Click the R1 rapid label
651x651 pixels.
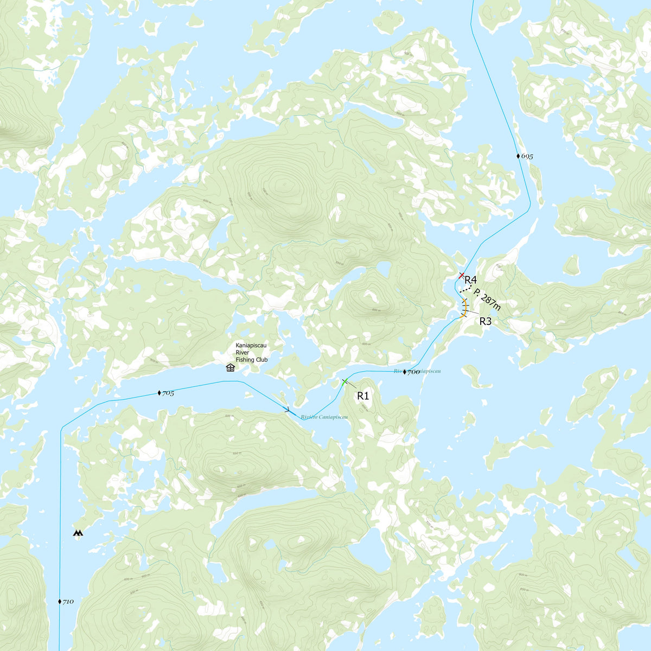(x=363, y=396)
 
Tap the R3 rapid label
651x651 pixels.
(x=485, y=321)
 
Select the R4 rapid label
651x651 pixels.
(x=470, y=280)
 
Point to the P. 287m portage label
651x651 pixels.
(x=487, y=299)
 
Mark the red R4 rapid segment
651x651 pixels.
(x=461, y=276)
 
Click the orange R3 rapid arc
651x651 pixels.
(x=465, y=308)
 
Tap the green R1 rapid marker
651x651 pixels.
(x=344, y=382)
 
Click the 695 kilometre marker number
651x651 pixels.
(x=527, y=157)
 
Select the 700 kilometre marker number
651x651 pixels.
(x=413, y=372)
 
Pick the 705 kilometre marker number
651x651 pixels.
(x=168, y=393)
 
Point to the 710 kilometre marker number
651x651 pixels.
(x=68, y=602)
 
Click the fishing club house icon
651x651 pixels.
(x=230, y=368)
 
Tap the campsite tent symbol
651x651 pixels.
(x=79, y=533)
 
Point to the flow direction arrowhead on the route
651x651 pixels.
(x=287, y=411)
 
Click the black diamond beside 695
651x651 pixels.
(x=518, y=156)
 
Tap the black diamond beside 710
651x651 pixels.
(x=60, y=602)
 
